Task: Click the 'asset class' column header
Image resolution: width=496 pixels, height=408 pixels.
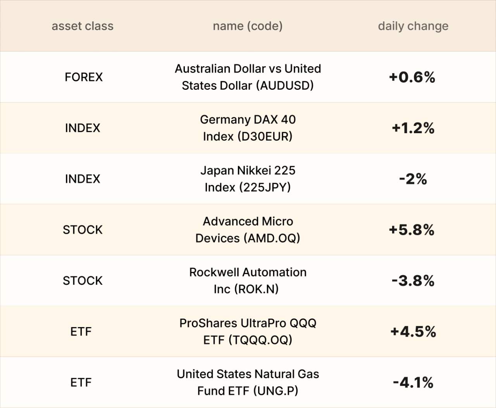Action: pos(83,26)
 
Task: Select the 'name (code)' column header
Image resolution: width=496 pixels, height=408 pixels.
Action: pos(248,26)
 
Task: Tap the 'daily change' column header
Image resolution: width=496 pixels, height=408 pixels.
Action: pos(413,26)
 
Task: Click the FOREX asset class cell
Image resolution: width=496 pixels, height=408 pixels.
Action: pos(84,77)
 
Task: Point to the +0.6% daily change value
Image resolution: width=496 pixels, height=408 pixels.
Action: pos(412,77)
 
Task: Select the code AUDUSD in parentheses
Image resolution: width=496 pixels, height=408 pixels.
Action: pos(287,86)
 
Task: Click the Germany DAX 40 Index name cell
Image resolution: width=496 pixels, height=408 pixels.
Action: pos(248,128)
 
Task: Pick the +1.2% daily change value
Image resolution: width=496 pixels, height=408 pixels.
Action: pos(413,128)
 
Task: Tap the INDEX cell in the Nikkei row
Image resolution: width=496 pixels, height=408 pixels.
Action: pos(83,179)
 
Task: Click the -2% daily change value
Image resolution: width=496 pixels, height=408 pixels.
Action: pos(413,179)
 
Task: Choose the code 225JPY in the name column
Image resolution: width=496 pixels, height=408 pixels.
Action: pos(265,187)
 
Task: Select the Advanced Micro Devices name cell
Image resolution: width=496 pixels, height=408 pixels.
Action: pos(248,230)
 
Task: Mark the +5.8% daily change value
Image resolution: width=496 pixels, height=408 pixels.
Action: pos(412,230)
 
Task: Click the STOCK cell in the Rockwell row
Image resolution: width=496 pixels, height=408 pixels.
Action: pos(83,281)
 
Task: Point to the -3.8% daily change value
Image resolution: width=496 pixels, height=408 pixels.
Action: pos(413,281)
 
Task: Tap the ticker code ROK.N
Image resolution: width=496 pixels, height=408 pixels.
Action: pos(257,289)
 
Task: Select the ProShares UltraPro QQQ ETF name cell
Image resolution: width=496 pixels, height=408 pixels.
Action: pos(248,331)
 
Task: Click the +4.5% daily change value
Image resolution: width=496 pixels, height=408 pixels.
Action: pos(413,332)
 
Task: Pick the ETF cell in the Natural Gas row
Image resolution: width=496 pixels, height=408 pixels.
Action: pos(81,382)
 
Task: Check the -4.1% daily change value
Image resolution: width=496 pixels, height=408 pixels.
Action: pos(413,382)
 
